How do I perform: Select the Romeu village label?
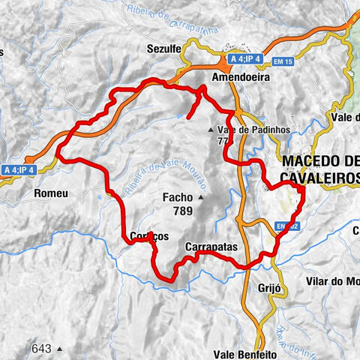point(51,193)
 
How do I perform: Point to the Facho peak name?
point(178,198)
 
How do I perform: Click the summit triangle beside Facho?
point(201,198)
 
